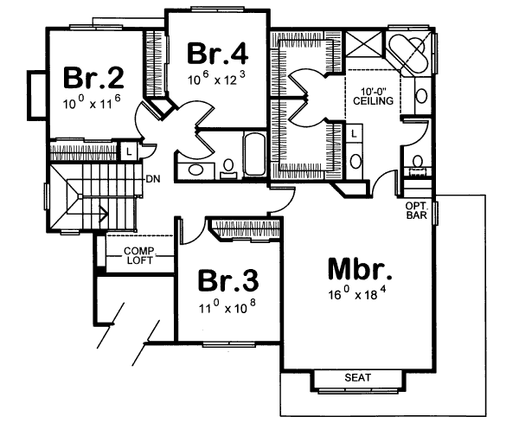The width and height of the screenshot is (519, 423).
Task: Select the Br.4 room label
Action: [218, 53]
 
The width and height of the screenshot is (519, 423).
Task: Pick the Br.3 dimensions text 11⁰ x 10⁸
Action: [227, 307]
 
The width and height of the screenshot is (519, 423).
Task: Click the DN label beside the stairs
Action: [151, 179]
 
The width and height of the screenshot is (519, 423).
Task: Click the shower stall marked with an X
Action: [367, 46]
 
